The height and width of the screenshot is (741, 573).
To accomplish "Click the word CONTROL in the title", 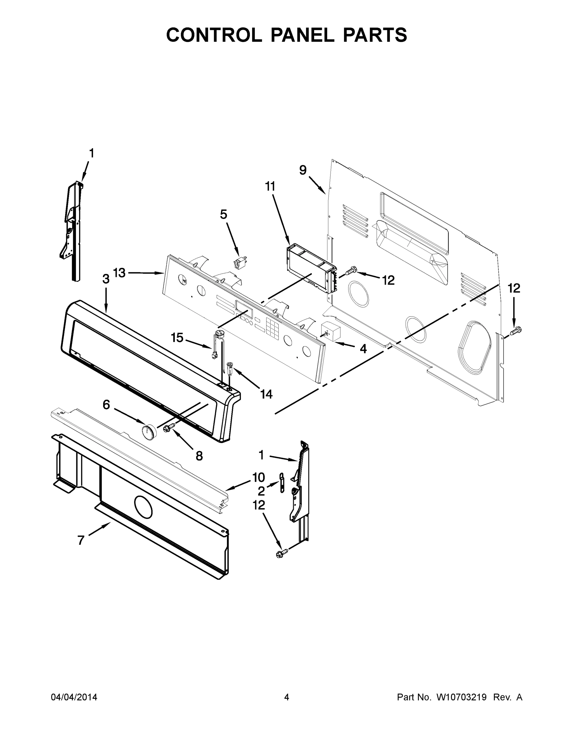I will pyautogui.click(x=214, y=35).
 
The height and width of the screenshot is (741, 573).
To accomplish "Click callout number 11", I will pyautogui.click(x=270, y=186).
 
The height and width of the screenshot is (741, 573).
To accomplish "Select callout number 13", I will pyautogui.click(x=119, y=272).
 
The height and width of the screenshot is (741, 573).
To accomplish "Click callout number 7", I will pyautogui.click(x=81, y=540).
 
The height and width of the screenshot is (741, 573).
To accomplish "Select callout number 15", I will pyautogui.click(x=177, y=337).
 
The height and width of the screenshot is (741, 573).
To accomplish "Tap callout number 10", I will pyautogui.click(x=259, y=477).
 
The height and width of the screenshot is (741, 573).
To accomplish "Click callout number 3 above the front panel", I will pyautogui.click(x=106, y=279).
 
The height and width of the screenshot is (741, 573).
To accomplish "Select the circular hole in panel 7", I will pyautogui.click(x=144, y=507).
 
